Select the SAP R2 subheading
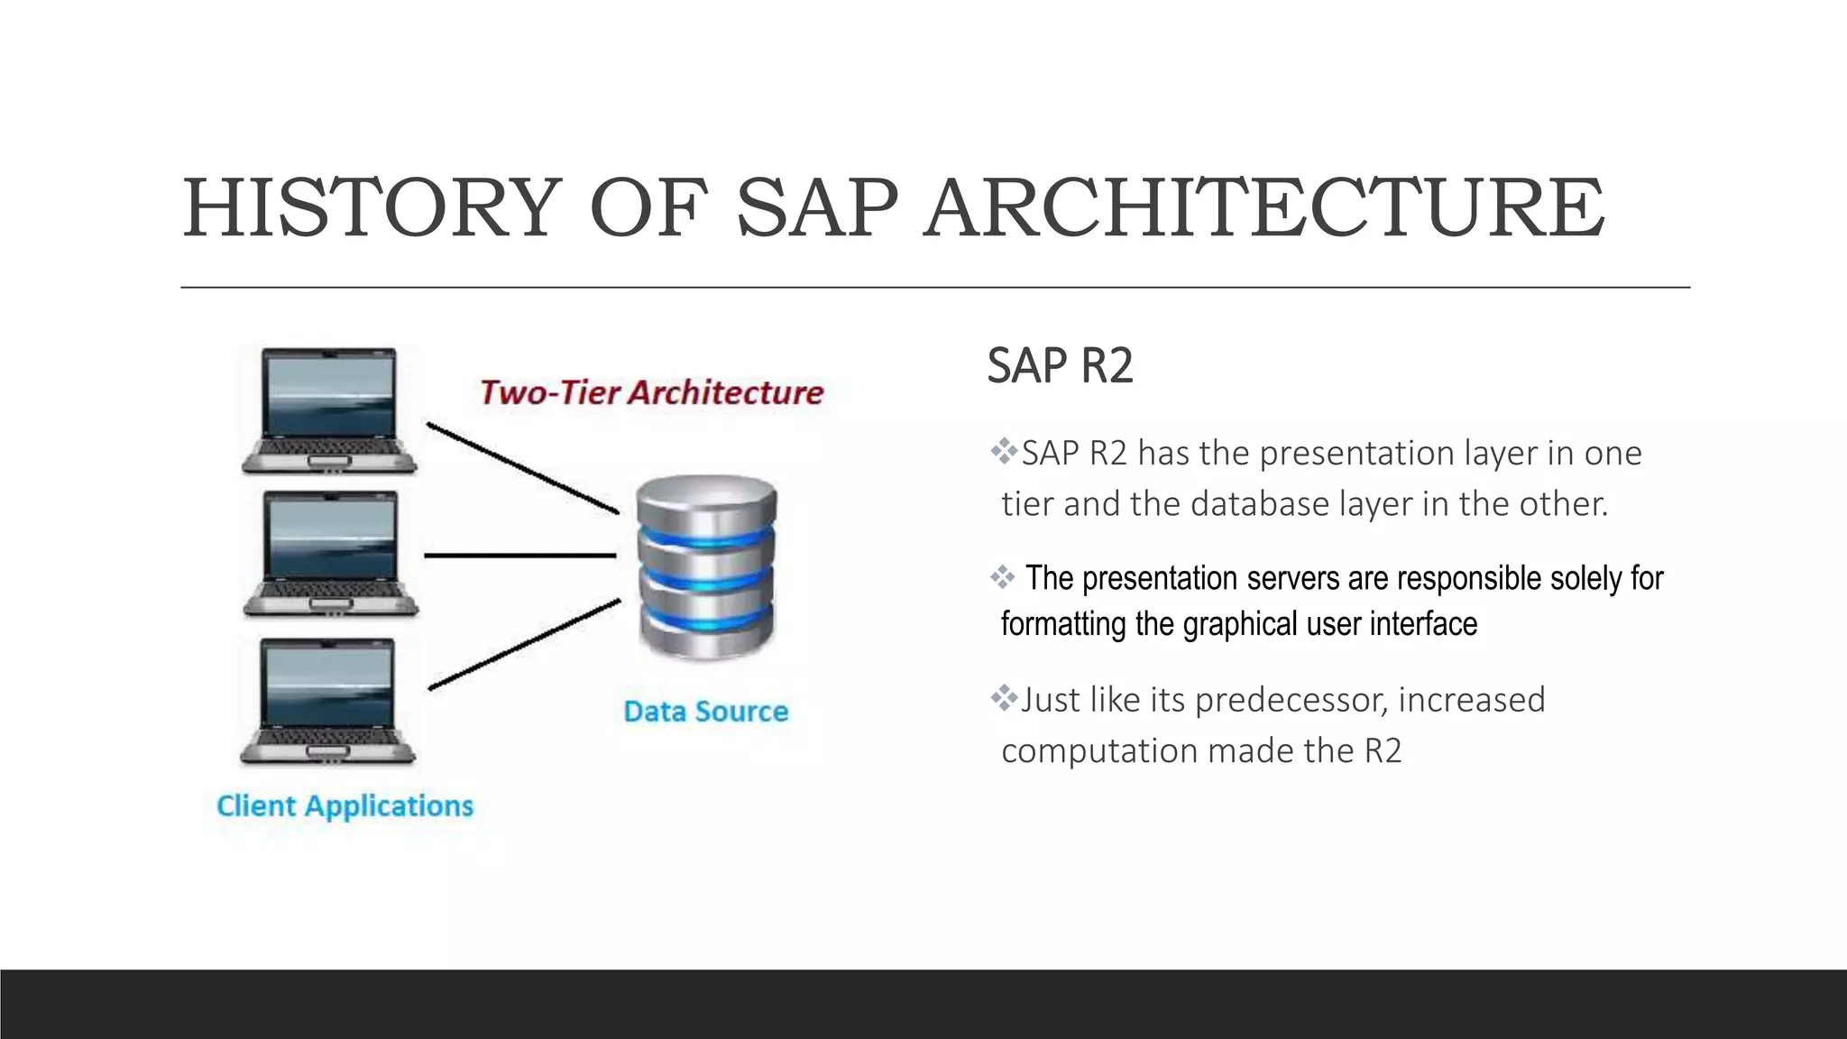(1060, 365)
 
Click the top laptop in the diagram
(329, 410)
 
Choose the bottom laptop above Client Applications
(328, 702)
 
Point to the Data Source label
(706, 712)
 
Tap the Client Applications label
(345, 805)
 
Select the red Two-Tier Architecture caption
(651, 392)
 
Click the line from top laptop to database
(523, 468)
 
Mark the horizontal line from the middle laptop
(519, 556)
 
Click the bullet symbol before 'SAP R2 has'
(1003, 451)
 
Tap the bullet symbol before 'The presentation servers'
(1003, 577)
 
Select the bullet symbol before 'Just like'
(1003, 697)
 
